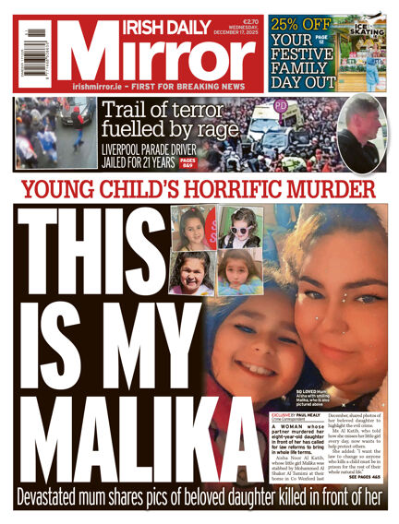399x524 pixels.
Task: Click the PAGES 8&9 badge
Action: point(187,163)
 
